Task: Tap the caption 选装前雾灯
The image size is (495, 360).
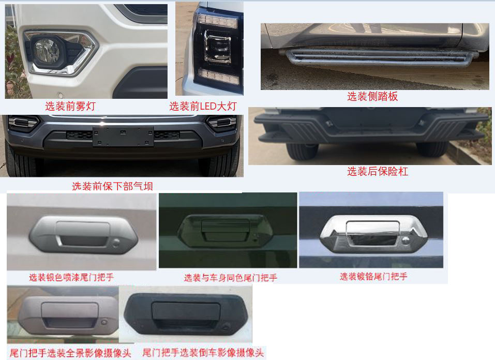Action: tap(70, 107)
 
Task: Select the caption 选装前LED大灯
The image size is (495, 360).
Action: tap(203, 107)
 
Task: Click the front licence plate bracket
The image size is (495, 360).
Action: tap(123, 136)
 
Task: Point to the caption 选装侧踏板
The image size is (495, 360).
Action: tap(372, 96)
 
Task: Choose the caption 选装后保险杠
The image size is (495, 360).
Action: tap(378, 172)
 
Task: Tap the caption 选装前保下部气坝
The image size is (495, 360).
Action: tap(112, 186)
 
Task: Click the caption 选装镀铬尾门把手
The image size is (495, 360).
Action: tap(373, 277)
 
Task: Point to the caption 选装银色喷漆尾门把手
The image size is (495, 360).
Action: tap(71, 278)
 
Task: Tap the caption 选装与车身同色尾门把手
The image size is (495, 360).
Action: tap(231, 278)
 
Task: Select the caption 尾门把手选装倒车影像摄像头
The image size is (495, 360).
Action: tap(203, 353)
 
